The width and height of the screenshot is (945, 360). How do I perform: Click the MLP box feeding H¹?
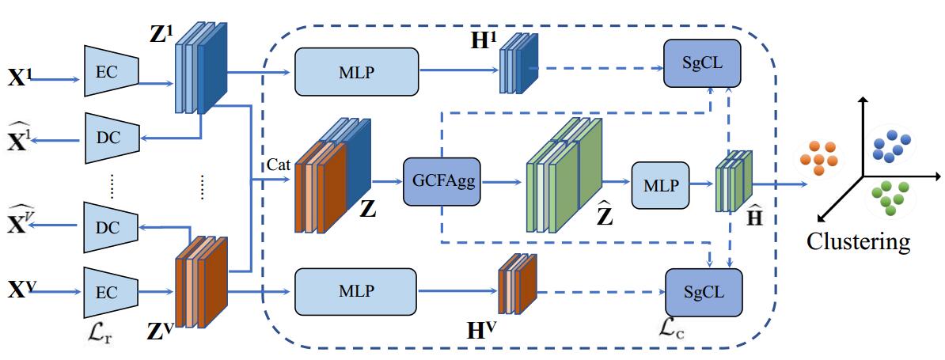point(355,70)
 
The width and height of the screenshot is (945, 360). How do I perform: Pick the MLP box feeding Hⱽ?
point(355,292)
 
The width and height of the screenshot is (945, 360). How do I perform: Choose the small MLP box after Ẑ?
point(660,184)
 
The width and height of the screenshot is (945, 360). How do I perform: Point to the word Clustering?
point(858,241)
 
